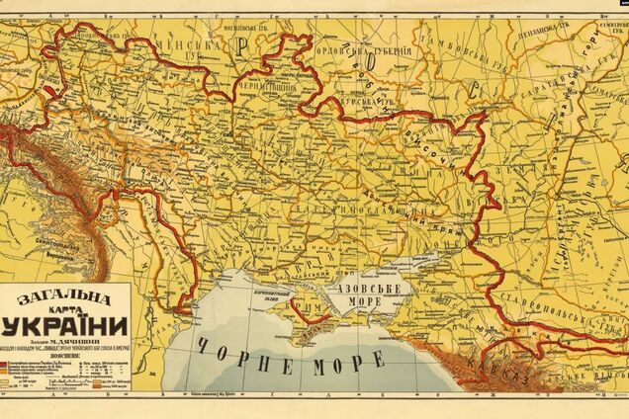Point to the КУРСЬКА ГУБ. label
point(366,95)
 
